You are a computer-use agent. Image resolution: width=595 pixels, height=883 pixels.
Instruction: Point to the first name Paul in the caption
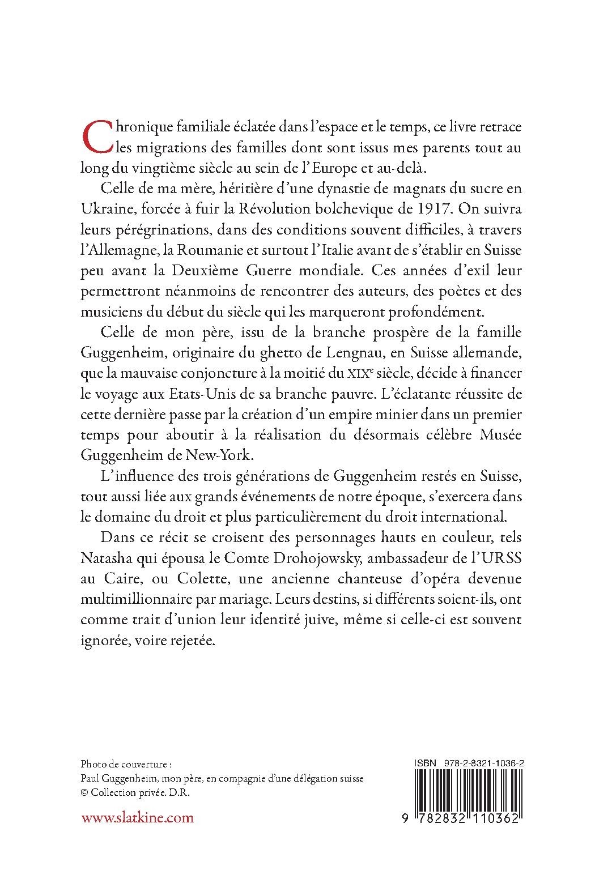[x=92, y=778]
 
